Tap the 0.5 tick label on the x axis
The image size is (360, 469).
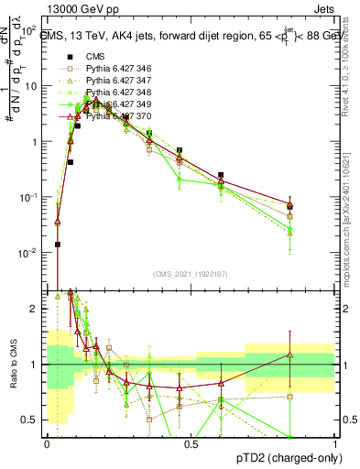191,444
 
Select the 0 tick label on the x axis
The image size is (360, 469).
47,444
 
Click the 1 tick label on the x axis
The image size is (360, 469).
334,444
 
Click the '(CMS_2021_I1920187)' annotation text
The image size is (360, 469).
191,272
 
